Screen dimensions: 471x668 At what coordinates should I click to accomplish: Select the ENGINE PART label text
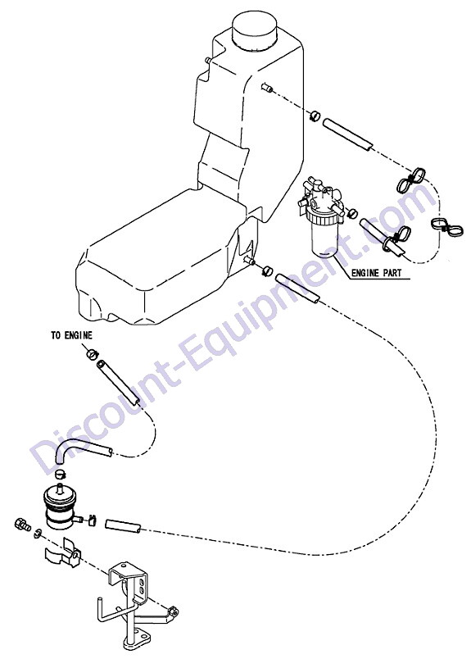(x=376, y=273)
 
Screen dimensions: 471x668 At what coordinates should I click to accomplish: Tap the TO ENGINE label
(x=71, y=336)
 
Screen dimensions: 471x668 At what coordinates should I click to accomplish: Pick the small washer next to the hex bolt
(x=38, y=533)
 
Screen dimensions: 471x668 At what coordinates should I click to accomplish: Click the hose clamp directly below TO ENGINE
(x=92, y=353)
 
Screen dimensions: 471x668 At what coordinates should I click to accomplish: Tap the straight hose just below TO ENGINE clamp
(x=117, y=382)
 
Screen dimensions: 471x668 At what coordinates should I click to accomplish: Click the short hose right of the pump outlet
(x=123, y=526)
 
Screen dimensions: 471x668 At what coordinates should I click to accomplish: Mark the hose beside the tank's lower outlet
(x=297, y=289)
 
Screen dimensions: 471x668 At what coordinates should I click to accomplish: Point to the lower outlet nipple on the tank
(x=249, y=260)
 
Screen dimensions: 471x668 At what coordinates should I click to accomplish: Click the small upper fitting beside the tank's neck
(x=267, y=88)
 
